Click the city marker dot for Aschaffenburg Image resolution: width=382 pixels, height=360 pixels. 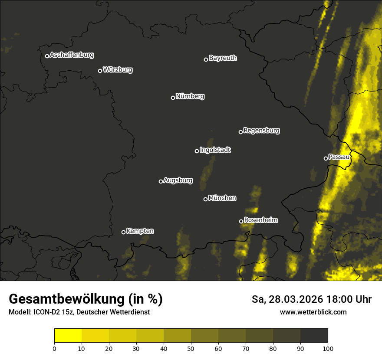pyautogui.click(x=47, y=56)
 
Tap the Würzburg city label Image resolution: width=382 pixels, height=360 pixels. pyautogui.click(x=118, y=70)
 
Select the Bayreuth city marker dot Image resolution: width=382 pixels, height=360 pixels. pyautogui.click(x=206, y=59)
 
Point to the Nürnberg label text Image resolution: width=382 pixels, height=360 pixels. pyautogui.click(x=190, y=96)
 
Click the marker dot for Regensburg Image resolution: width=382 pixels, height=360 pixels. pyautogui.click(x=240, y=132)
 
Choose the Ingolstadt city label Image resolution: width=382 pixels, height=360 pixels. pyautogui.click(x=215, y=150)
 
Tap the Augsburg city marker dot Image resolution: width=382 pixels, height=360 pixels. pyautogui.click(x=161, y=181)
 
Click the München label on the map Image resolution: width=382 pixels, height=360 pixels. pyautogui.click(x=222, y=198)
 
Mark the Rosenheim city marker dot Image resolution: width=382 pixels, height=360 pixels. pyautogui.click(x=241, y=221)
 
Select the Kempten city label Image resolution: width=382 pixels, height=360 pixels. pyautogui.click(x=140, y=231)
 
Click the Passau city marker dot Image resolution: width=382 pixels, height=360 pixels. pyautogui.click(x=326, y=158)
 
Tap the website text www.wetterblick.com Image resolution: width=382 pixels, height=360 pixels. pyautogui.click(x=313, y=312)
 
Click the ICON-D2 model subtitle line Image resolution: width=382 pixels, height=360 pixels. pyautogui.click(x=79, y=312)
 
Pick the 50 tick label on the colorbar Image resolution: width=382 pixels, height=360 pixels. pyautogui.click(x=191, y=348)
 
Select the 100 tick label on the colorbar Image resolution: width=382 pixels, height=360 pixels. pyautogui.click(x=328, y=348)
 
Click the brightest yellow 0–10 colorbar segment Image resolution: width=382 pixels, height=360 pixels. pyautogui.click(x=68, y=336)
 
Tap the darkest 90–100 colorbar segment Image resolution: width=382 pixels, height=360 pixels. pyautogui.click(x=314, y=336)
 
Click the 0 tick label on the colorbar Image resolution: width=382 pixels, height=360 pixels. pyautogui.click(x=54, y=348)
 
